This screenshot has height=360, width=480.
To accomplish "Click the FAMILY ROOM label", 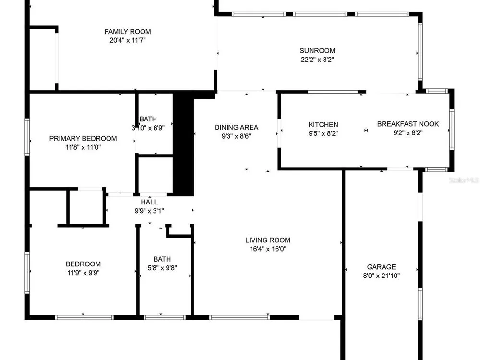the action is pos(128,32).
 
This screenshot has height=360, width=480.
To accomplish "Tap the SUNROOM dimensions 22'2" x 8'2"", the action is pos(317,60).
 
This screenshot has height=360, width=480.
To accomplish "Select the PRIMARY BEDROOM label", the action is pos(83,138).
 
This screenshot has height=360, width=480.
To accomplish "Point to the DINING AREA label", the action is pos(236,127).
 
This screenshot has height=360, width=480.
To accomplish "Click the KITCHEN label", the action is pos(323,125).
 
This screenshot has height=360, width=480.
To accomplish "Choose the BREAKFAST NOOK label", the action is pos(408,124).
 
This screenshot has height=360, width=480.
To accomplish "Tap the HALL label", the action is pos(149,202).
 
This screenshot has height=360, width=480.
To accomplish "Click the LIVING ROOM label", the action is pos(267,240).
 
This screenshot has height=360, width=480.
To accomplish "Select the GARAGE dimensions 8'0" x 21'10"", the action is pos(382,276).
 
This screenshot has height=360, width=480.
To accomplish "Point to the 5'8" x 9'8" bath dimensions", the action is pos(162,268).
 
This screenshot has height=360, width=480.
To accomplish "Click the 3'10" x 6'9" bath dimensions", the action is pos(148,128).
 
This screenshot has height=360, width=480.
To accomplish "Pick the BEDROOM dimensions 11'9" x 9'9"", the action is pos(83,273).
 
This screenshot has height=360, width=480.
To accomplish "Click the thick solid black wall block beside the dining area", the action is pos(183,144).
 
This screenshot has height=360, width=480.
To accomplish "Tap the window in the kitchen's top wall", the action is pos(333,92).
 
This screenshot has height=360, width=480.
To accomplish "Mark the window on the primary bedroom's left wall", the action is pos(27,136).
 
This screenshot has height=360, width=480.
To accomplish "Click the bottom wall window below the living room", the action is pos(240,317).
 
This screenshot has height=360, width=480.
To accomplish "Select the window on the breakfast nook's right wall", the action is pos(452,130).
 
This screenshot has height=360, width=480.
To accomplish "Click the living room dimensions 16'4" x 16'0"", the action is pos(268,249).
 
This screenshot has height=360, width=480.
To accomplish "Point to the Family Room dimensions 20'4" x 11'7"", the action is pos(128,40).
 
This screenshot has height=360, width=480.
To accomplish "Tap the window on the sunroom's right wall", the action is pos(420,52).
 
